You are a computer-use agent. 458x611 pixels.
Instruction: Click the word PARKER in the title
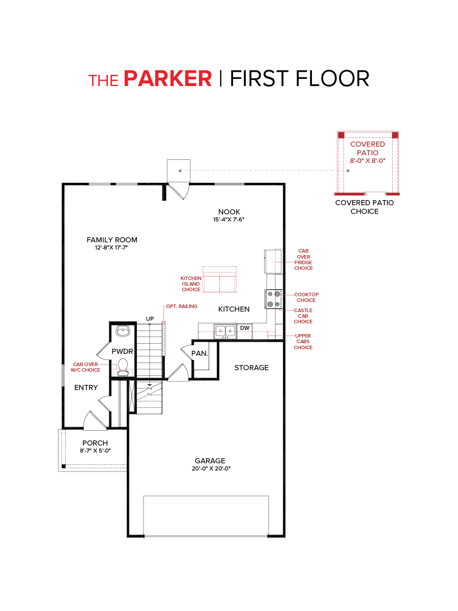click(168, 79)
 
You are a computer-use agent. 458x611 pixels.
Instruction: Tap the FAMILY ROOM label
click(112, 240)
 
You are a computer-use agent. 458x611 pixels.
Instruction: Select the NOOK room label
click(229, 212)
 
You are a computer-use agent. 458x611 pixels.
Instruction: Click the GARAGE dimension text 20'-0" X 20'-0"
click(210, 468)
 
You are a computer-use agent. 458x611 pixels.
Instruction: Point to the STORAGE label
click(251, 368)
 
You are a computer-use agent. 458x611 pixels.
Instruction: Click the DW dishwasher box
click(245, 328)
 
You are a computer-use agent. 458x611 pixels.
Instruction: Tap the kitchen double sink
click(225, 331)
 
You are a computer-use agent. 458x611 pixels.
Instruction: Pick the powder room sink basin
click(123, 331)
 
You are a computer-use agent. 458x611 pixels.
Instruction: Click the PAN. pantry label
click(199, 353)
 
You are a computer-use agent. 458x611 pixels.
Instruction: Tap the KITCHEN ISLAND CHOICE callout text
click(191, 284)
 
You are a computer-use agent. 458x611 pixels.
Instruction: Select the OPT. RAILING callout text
click(182, 307)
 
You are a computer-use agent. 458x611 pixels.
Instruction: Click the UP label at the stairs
click(150, 319)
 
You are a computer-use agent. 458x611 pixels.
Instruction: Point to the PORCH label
click(95, 443)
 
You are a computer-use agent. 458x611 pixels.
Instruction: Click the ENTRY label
click(86, 387)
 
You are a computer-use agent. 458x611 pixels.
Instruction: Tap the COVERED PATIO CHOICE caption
click(364, 207)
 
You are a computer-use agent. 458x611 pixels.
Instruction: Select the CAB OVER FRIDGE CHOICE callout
click(303, 260)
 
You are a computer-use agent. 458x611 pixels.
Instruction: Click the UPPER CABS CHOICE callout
click(303, 342)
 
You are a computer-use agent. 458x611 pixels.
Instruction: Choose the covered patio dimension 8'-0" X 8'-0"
click(367, 160)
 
